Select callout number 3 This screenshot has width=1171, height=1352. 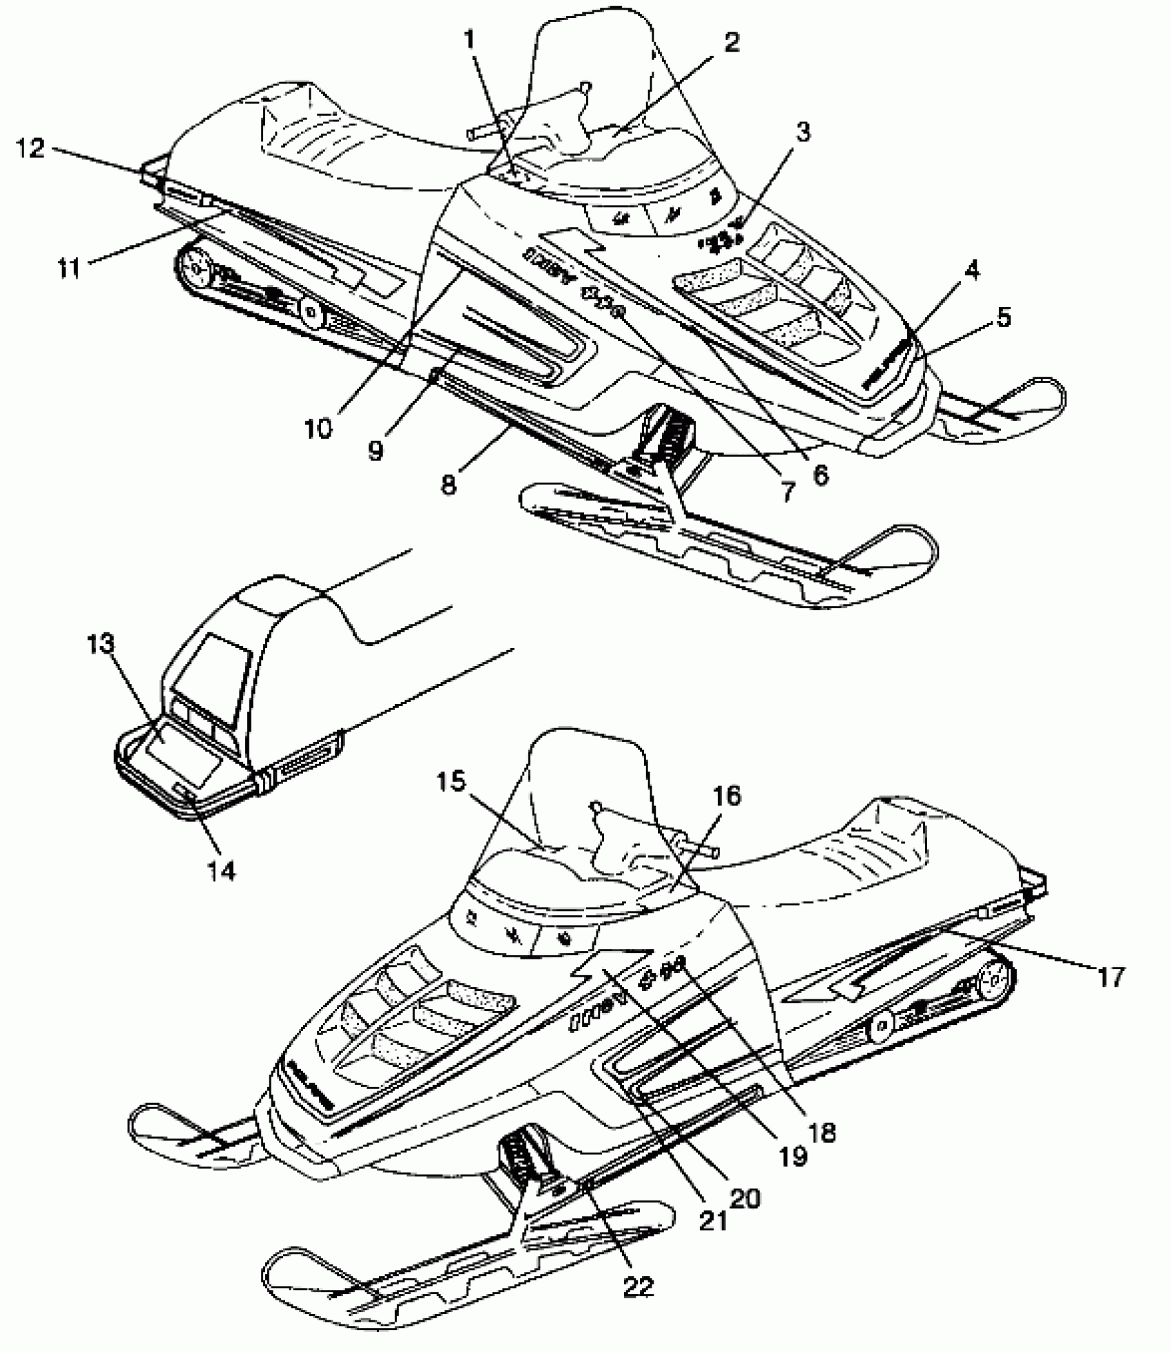click(x=801, y=131)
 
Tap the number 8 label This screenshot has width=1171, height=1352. click(x=449, y=484)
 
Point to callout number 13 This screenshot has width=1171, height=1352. click(x=101, y=645)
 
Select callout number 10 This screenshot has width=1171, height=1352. click(x=318, y=428)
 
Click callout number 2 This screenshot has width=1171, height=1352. click(x=731, y=43)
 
